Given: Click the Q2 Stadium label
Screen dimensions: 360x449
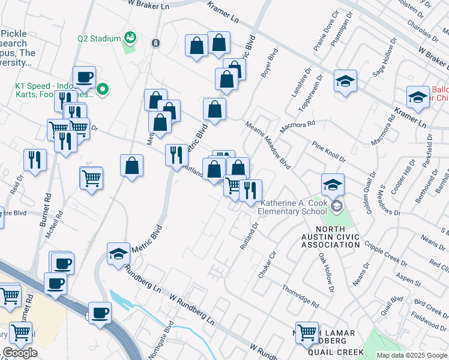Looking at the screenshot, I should pyautogui.click(x=99, y=38).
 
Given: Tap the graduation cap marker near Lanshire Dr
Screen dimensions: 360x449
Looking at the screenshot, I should pyautogui.click(x=345, y=82).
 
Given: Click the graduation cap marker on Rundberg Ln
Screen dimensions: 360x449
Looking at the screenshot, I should pyautogui.click(x=119, y=254).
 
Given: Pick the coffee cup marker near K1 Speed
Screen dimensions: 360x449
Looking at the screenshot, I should pyautogui.click(x=84, y=77).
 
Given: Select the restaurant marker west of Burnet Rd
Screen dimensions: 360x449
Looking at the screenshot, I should pyautogui.click(x=35, y=160).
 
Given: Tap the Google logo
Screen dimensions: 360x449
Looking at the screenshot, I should pyautogui.click(x=20, y=353).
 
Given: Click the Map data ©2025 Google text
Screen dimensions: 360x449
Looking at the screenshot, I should pyautogui.click(x=412, y=355).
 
